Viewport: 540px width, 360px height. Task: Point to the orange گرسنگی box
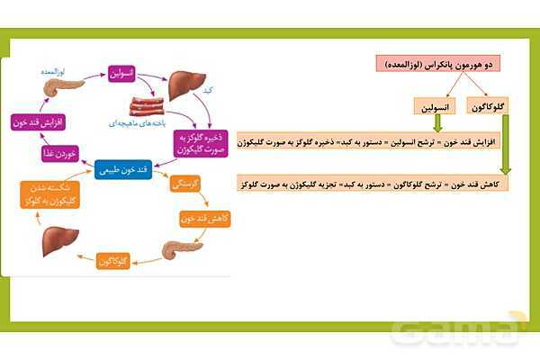(x=184, y=184)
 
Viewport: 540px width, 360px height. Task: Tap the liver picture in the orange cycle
(x=59, y=241)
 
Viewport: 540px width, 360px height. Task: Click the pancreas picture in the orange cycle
(x=177, y=249)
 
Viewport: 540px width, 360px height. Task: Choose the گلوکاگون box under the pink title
(x=494, y=106)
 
